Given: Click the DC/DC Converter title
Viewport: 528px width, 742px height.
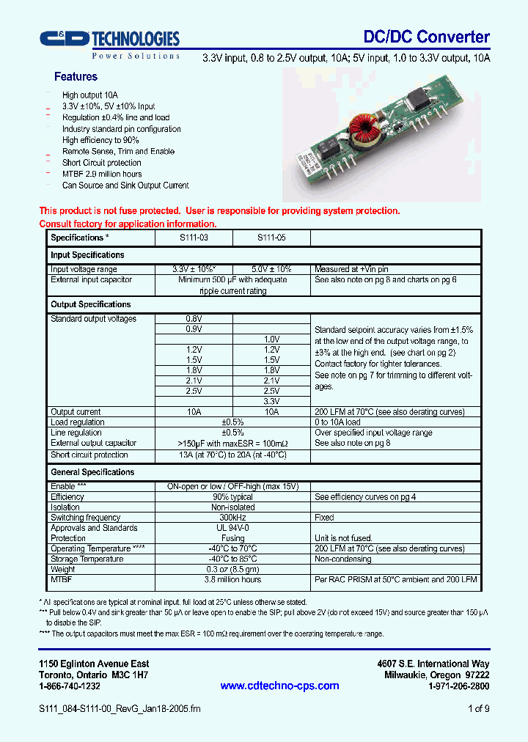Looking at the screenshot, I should pyautogui.click(x=426, y=37).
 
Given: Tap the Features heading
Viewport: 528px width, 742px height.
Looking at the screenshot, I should pyautogui.click(x=76, y=76).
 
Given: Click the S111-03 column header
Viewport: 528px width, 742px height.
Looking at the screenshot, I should pyautogui.click(x=194, y=238).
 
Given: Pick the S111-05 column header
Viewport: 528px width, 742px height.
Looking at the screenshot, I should pyautogui.click(x=271, y=238).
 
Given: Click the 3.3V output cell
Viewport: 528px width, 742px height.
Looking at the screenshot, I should pyautogui.click(x=271, y=402).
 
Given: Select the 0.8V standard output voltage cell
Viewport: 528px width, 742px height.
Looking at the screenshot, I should pyautogui.click(x=194, y=319).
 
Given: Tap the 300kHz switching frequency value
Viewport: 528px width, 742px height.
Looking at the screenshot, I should pyautogui.click(x=232, y=518).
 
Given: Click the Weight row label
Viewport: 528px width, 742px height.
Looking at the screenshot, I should pyautogui.click(x=63, y=569).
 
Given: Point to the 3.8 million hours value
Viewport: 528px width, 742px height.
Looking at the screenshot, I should pyautogui.click(x=232, y=579).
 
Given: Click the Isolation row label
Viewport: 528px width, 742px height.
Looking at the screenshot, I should pyautogui.click(x=65, y=507).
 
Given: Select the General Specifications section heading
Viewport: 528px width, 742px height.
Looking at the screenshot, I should pyautogui.click(x=92, y=472).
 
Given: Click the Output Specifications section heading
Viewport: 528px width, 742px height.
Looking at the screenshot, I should pyautogui.click(x=90, y=304).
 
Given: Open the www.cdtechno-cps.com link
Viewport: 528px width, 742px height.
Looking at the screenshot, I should pyautogui.click(x=279, y=686).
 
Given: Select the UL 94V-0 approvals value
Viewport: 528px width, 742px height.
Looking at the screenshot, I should pyautogui.click(x=232, y=528).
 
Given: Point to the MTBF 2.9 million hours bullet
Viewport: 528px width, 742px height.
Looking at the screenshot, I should pyautogui.click(x=102, y=174).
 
